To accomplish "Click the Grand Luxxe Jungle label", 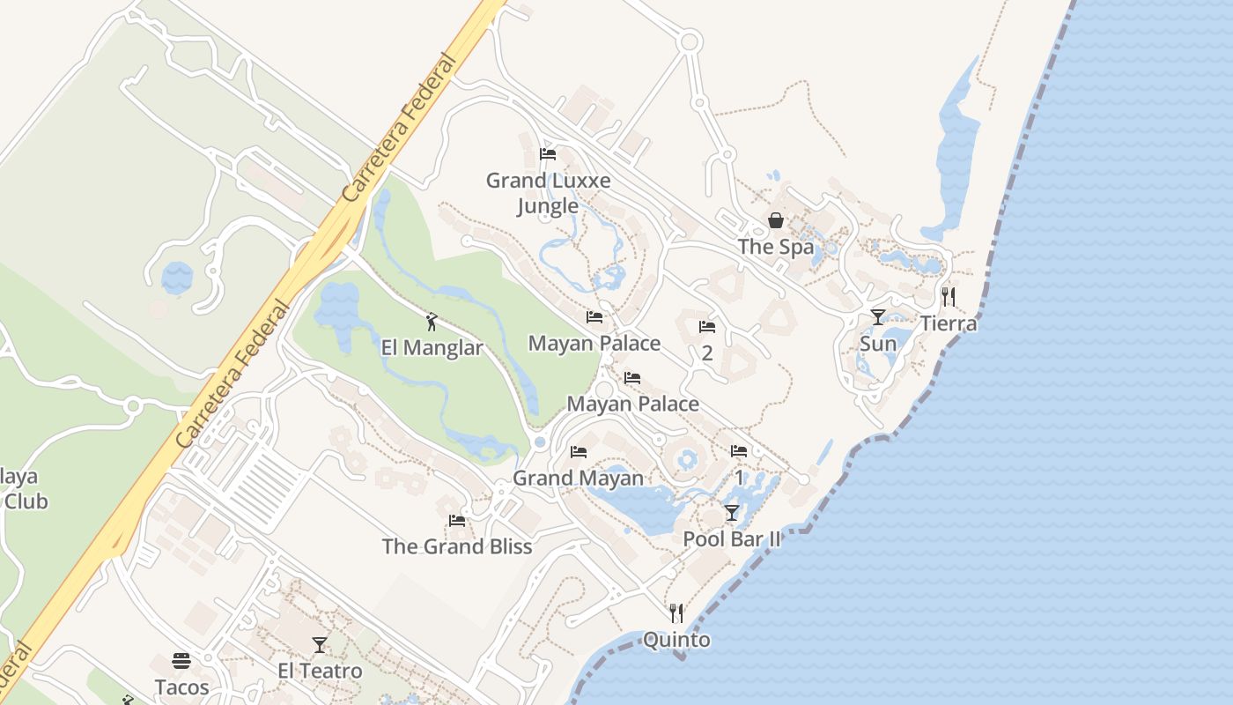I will pyautogui.click(x=548, y=193).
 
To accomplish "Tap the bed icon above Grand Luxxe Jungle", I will pyautogui.click(x=548, y=154).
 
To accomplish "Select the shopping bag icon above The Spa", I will pyautogui.click(x=776, y=220).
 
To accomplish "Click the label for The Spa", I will pyautogui.click(x=776, y=247).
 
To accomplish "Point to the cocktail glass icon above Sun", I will pyautogui.click(x=878, y=317).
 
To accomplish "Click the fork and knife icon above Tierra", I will pyautogui.click(x=948, y=297).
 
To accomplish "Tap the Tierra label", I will pyautogui.click(x=949, y=323).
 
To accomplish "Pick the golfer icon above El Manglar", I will pyautogui.click(x=432, y=322).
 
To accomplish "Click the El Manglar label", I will pyautogui.click(x=432, y=348).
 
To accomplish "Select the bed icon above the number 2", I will pyautogui.click(x=706, y=327).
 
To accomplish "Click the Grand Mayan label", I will pyautogui.click(x=578, y=478).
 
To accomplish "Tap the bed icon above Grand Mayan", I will pyautogui.click(x=578, y=452).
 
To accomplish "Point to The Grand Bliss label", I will pyautogui.click(x=457, y=546).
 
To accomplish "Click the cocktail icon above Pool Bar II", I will pyautogui.click(x=732, y=513).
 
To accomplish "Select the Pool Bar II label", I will pyautogui.click(x=732, y=539).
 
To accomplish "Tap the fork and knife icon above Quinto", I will pyautogui.click(x=676, y=613).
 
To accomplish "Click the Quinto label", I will pyautogui.click(x=676, y=640).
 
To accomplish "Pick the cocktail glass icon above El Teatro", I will pyautogui.click(x=320, y=645).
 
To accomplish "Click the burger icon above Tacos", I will pyautogui.click(x=181, y=661).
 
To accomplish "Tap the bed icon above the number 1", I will pyautogui.click(x=739, y=451).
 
